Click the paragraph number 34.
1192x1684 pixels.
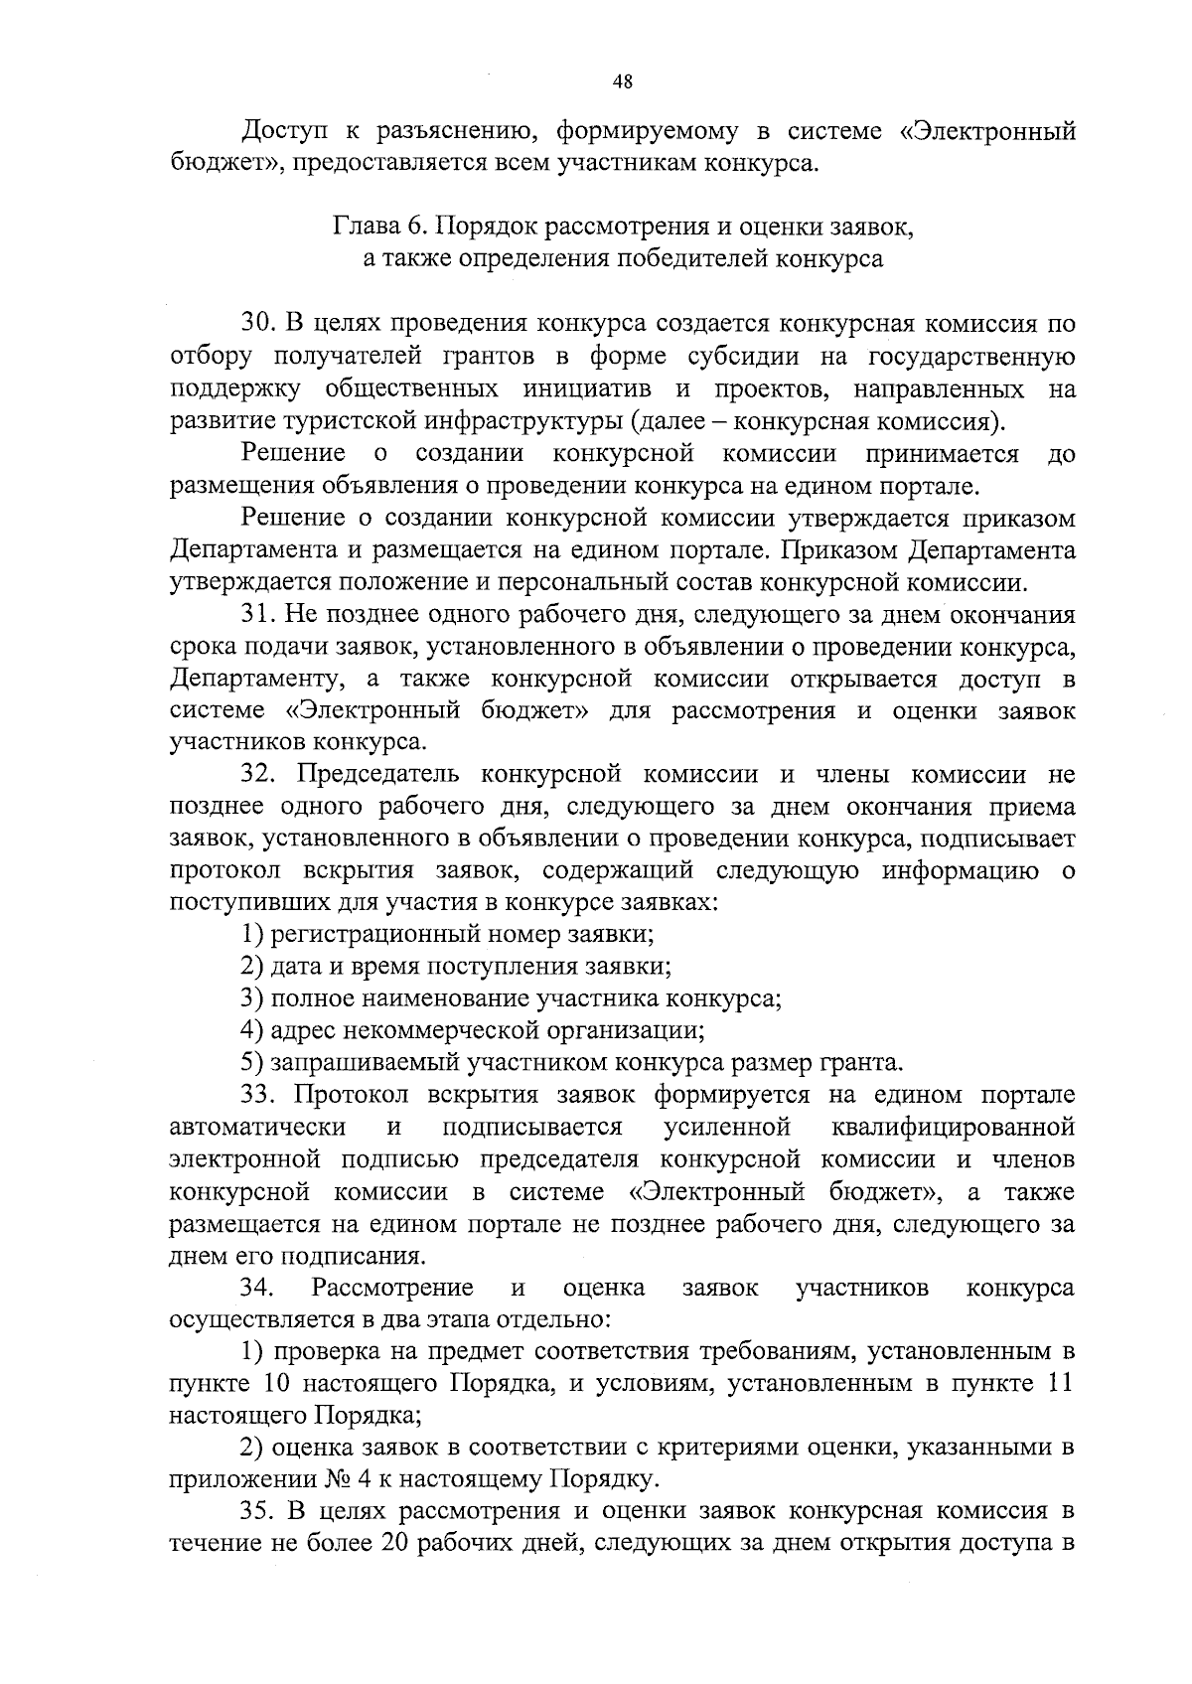[x=257, y=1289]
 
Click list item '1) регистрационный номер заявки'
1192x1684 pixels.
[x=447, y=935]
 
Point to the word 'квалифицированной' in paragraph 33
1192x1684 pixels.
[x=950, y=1128]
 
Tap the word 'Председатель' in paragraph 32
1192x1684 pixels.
[x=374, y=775]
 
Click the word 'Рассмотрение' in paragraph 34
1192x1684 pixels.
[x=391, y=1289]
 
